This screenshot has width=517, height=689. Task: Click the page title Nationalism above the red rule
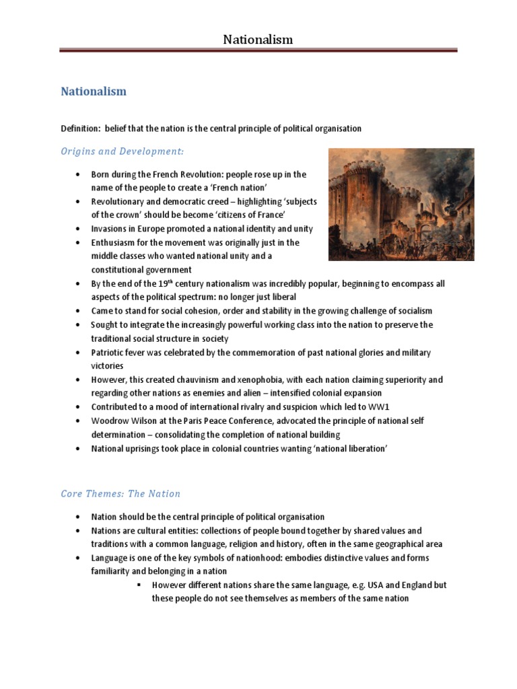click(x=258, y=40)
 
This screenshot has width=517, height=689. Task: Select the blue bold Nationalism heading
click(x=94, y=91)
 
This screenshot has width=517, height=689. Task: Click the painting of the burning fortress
click(x=401, y=204)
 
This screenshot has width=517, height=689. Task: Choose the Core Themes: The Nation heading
click(x=120, y=493)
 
